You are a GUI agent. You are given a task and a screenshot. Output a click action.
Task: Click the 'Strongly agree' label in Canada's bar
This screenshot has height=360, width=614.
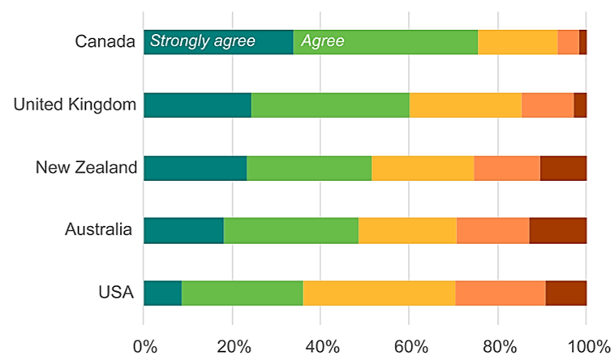click(203, 41)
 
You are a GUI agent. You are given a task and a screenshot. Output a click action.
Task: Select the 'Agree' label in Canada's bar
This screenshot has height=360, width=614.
click(323, 41)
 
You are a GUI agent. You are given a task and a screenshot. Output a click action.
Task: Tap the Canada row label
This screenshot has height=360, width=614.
click(104, 41)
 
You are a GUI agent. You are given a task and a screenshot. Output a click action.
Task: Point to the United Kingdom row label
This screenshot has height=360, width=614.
click(74, 105)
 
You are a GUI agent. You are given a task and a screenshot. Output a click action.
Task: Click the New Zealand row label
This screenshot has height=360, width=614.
click(84, 168)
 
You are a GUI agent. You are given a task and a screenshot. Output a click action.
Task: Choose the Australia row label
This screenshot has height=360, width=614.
click(98, 230)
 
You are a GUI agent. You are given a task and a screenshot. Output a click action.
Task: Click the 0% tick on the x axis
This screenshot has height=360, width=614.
click(144, 346)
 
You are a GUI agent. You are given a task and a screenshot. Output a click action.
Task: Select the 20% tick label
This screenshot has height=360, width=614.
click(232, 346)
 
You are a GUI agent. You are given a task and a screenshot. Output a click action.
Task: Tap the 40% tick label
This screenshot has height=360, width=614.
click(320, 346)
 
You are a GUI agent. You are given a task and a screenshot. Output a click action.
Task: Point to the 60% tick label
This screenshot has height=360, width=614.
click(410, 346)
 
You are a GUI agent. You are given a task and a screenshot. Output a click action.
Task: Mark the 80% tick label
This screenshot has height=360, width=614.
click(498, 346)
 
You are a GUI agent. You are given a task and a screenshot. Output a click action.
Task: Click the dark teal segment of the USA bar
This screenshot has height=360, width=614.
click(162, 294)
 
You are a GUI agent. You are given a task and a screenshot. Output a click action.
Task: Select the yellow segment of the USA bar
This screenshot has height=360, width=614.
click(379, 294)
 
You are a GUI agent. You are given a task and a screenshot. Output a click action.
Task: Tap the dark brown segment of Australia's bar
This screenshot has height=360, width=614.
click(558, 230)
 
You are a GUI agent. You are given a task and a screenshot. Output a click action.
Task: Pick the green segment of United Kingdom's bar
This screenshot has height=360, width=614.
click(330, 105)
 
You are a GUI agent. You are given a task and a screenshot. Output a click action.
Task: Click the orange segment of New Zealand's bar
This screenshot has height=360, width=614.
click(507, 168)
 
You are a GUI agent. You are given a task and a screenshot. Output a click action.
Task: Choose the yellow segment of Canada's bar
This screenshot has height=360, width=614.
click(517, 41)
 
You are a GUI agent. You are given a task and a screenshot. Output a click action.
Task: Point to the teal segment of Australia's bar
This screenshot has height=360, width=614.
click(183, 230)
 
